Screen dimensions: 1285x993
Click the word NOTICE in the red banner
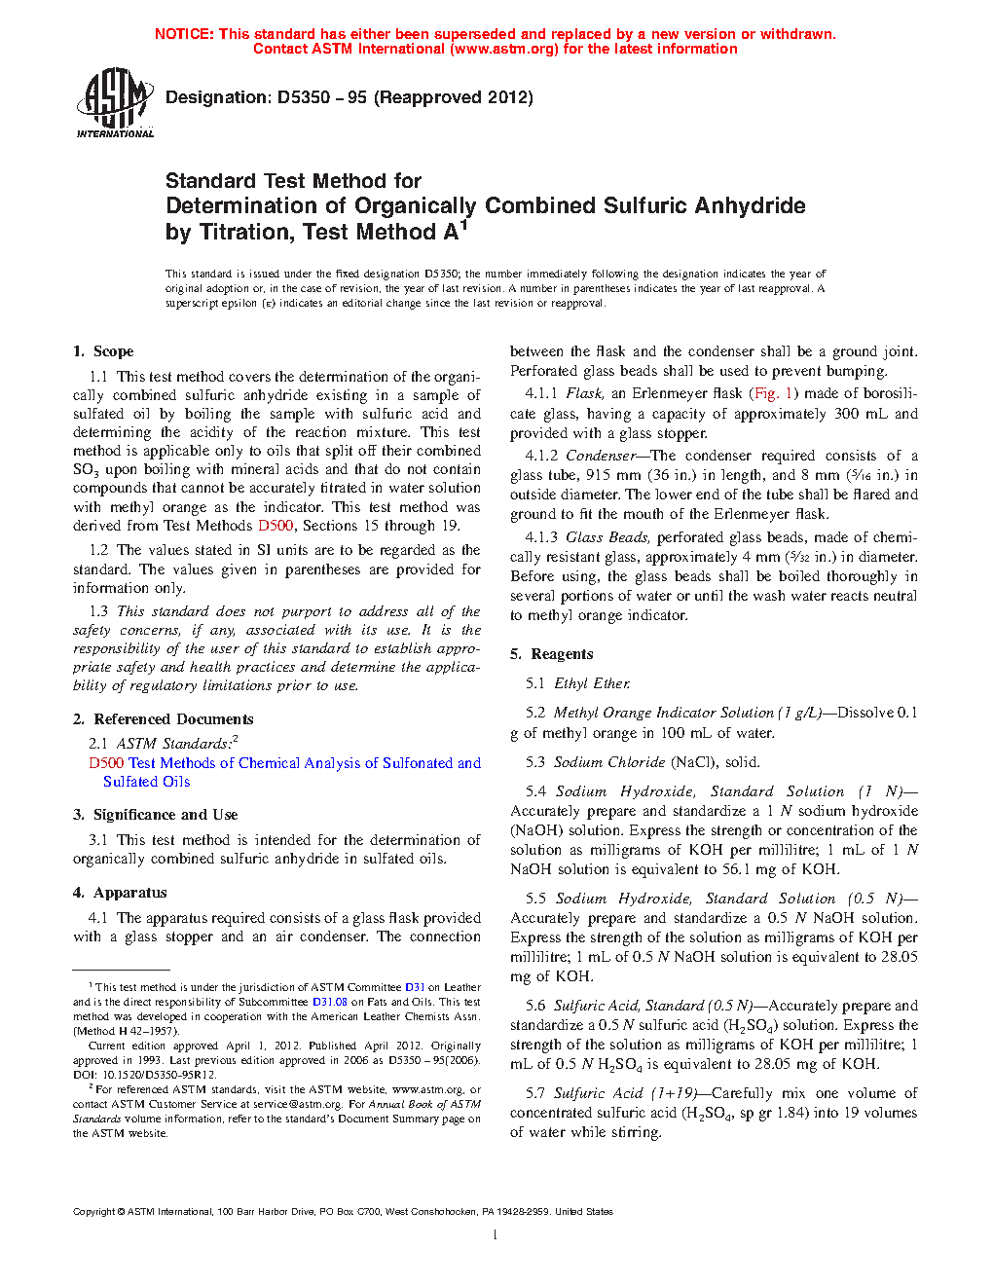coord(184,34)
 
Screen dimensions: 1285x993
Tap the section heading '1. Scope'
coord(103,351)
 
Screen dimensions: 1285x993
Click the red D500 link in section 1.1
coord(276,526)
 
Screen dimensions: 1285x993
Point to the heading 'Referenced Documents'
coord(173,719)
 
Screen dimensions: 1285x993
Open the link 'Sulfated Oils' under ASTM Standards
coord(146,782)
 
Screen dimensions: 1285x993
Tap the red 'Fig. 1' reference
coord(774,393)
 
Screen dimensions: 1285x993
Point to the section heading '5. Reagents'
coord(552,654)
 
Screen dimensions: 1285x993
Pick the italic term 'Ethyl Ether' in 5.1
coord(592,683)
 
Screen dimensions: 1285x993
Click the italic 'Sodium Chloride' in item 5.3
coord(609,762)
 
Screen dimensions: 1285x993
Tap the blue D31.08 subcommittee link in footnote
coord(329,1002)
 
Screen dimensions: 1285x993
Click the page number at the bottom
coord(496,1235)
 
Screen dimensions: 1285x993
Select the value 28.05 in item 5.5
coord(899,957)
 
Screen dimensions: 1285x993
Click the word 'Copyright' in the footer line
coord(93,1212)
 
